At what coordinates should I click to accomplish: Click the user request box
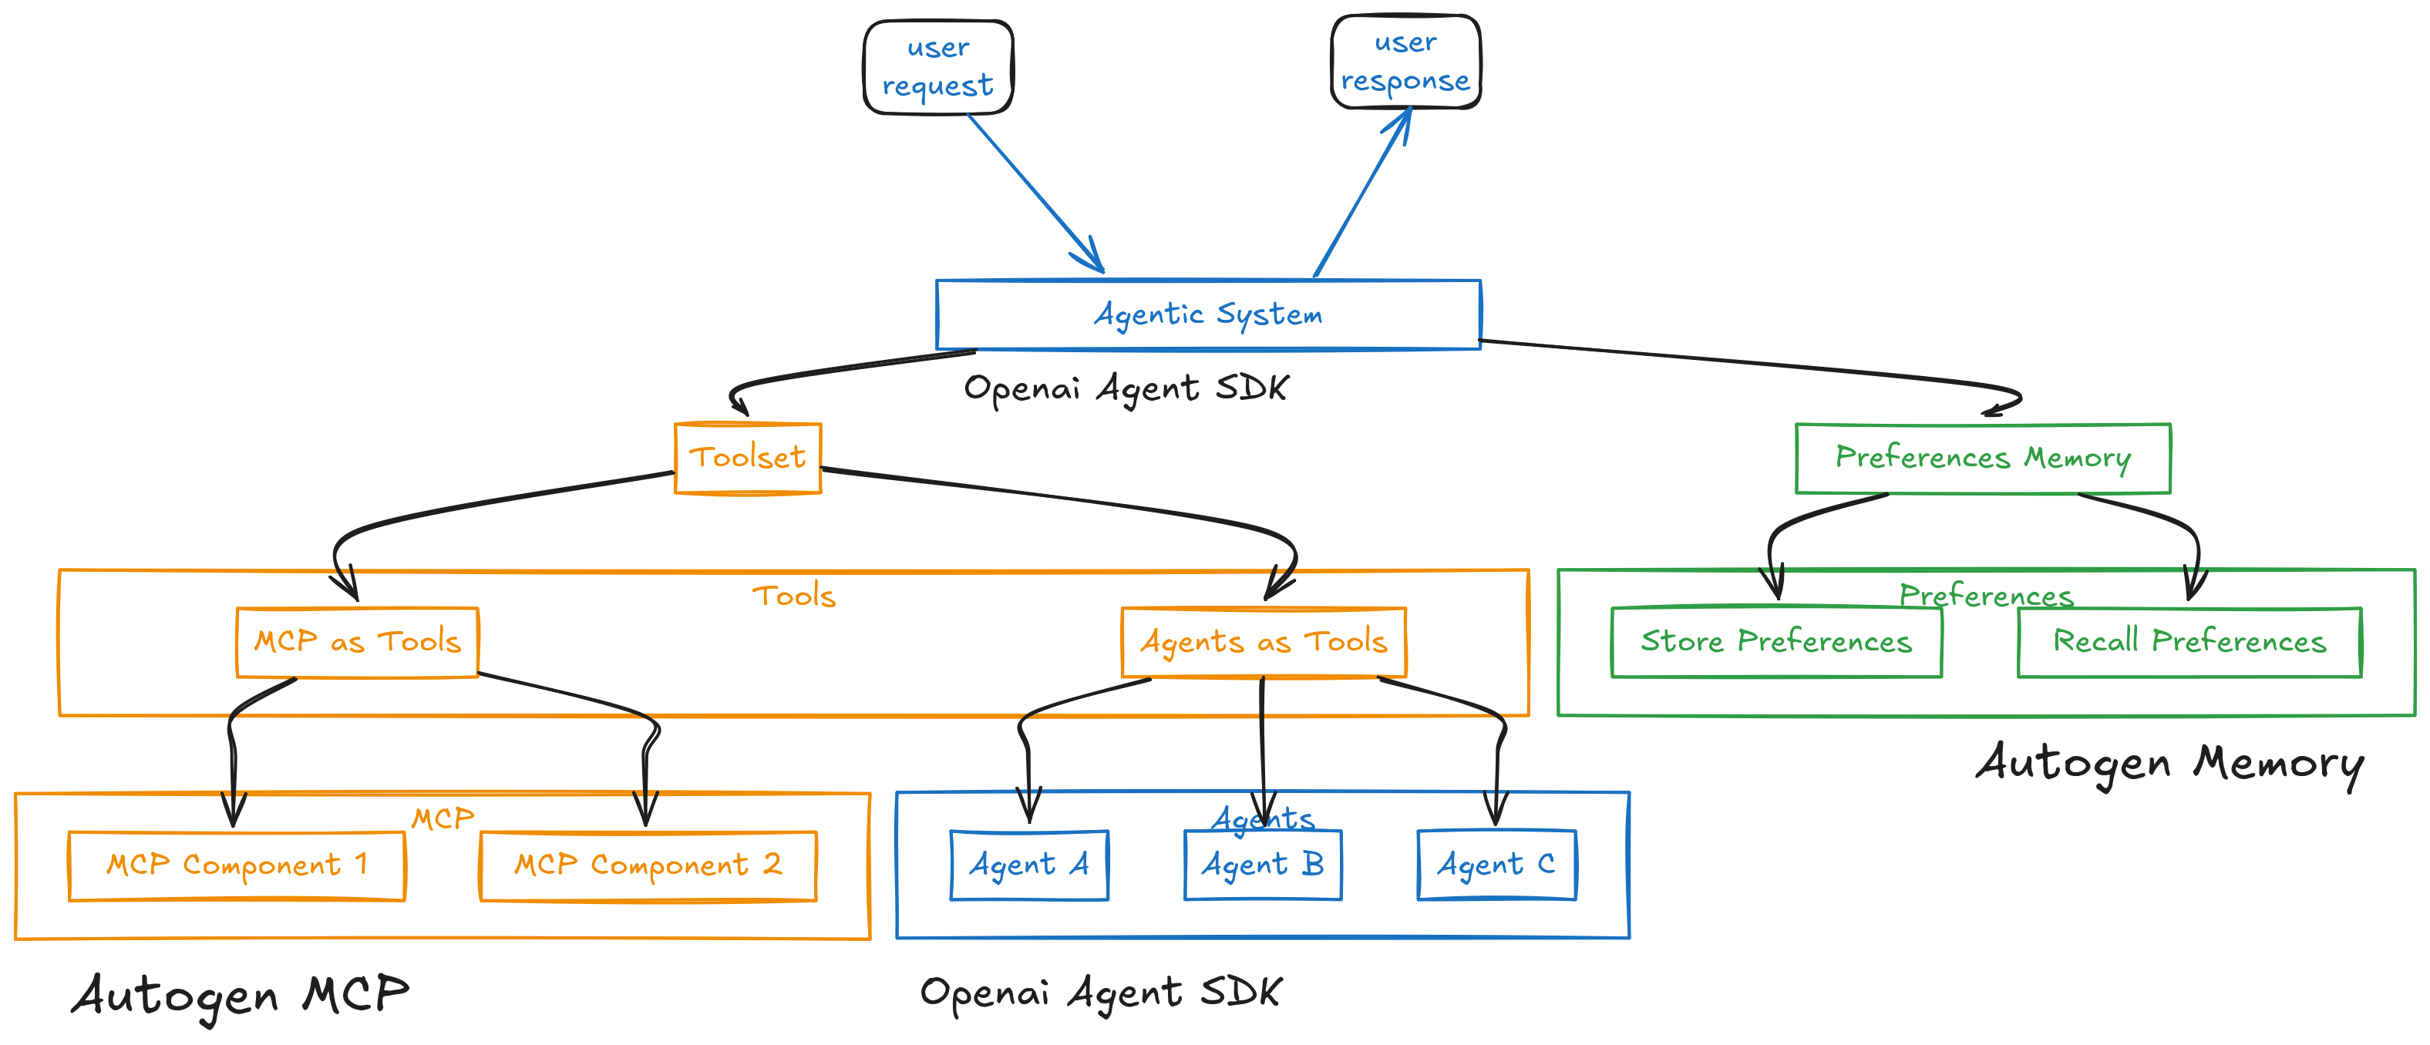[937, 67]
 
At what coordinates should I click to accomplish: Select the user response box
[1405, 62]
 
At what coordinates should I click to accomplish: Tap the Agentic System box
[1207, 314]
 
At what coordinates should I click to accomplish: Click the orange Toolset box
[748, 459]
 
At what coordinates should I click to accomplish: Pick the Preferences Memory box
[1982, 459]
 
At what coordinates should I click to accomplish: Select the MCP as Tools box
[358, 642]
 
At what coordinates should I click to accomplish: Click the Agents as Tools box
[1263, 642]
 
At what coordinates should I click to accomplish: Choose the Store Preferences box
[1776, 642]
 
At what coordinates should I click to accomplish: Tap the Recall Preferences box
[2189, 642]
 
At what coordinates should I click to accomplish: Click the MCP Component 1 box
[237, 865]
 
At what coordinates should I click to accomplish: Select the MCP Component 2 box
[648, 865]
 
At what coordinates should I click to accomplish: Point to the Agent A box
[1029, 865]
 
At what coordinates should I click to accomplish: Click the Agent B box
[1262, 865]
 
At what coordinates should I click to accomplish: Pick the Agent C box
[1496, 865]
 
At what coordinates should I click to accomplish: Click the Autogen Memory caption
[2169, 764]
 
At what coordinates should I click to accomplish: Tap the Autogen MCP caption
[241, 996]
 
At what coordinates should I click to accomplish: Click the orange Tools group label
[793, 596]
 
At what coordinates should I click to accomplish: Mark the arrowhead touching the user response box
[1402, 123]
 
